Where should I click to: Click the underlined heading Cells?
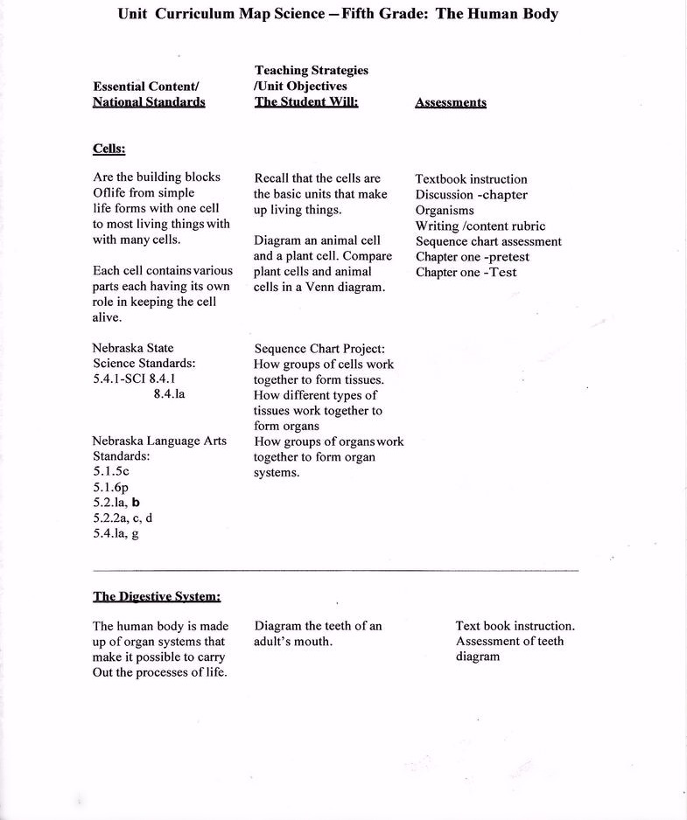(109, 149)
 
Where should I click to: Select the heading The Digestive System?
(157, 597)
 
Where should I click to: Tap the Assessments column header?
(450, 102)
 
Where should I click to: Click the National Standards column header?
(149, 102)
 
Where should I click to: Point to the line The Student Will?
(306, 102)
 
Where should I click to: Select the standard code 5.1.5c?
(111, 470)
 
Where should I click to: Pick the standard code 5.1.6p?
(111, 486)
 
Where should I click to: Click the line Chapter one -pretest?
(472, 257)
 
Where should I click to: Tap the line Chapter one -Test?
(466, 273)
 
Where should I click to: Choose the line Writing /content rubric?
(480, 226)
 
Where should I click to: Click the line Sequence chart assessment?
(488, 241)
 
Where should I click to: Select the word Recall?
(273, 178)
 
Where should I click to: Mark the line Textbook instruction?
(471, 179)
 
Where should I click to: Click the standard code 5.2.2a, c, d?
(123, 518)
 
